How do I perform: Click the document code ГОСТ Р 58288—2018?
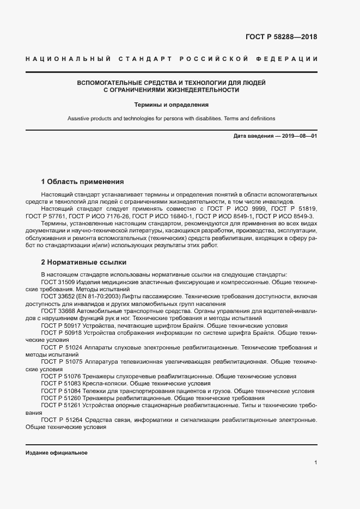[x=278, y=37]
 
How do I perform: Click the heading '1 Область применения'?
[x=83, y=181]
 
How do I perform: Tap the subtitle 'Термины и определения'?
[x=172, y=105]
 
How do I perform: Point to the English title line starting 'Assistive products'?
[x=172, y=118]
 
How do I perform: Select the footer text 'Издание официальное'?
[x=57, y=453]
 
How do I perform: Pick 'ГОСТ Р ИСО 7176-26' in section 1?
[x=96, y=216]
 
